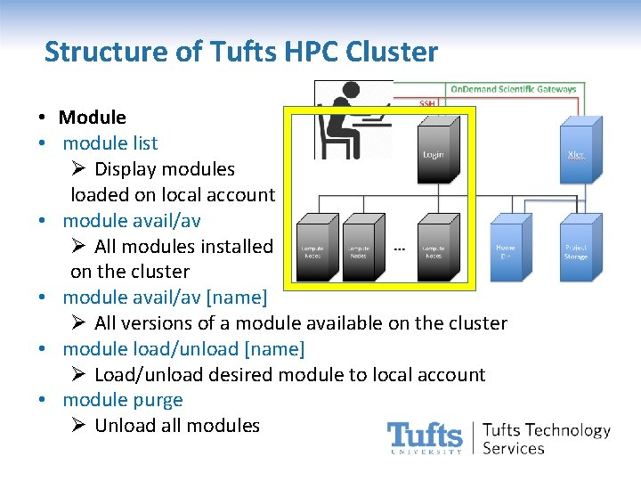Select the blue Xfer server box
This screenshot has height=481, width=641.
pyautogui.click(x=575, y=153)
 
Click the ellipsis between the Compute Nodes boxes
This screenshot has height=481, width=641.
pyautogui.click(x=399, y=249)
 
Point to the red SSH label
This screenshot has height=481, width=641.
pyautogui.click(x=427, y=103)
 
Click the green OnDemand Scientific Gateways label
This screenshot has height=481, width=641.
pyautogui.click(x=513, y=89)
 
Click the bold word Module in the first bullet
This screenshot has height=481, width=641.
pyautogui.click(x=92, y=117)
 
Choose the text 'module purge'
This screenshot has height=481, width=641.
pyautogui.click(x=122, y=400)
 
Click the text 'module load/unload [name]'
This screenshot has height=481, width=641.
pyautogui.click(x=183, y=348)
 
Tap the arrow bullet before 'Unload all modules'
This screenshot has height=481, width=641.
pyautogui.click(x=78, y=426)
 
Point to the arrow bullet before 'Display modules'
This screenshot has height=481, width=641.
pyautogui.click(x=78, y=168)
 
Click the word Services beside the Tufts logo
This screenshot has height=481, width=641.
pyautogui.click(x=513, y=448)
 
